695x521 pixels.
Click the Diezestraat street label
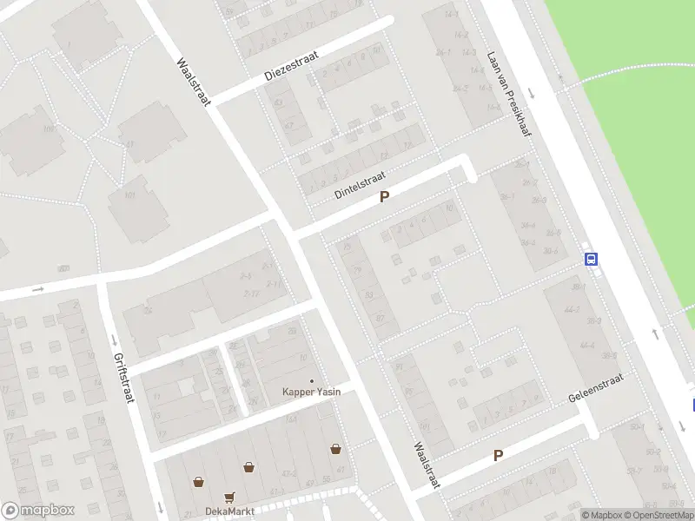291,66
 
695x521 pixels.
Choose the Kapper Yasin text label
312,392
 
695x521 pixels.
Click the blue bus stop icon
592,258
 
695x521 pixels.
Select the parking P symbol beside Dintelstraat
384,198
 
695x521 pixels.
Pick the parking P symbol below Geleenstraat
499,455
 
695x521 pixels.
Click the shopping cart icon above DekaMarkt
229,498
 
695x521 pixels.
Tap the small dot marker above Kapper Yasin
312,380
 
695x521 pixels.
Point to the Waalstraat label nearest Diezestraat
194,82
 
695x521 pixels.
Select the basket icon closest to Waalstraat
335,449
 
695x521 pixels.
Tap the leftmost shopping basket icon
198,481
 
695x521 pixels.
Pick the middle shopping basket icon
249,467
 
